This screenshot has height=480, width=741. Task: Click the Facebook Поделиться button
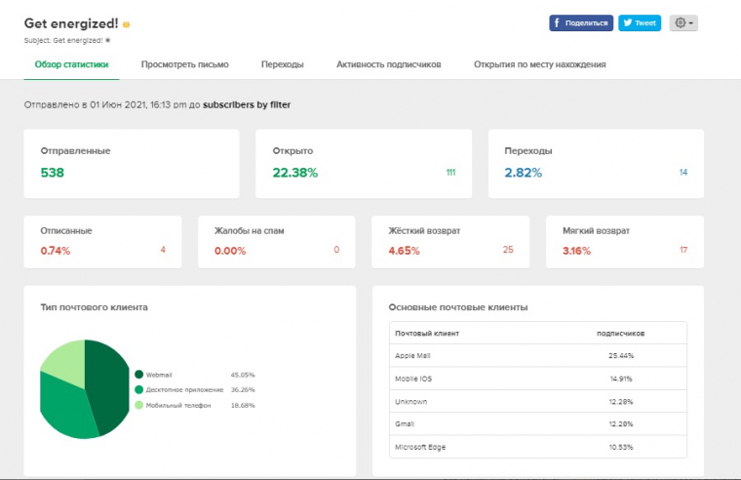581,23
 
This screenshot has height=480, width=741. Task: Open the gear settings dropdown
682,23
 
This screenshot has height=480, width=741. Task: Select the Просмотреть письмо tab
184,64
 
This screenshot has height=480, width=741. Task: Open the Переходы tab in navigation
282,64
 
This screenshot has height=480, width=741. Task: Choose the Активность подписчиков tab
388,64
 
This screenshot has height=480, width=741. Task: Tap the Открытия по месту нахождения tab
539,64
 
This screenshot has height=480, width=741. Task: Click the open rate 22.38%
294,173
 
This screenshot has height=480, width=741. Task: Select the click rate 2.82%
525,173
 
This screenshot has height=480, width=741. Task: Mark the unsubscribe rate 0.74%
56,251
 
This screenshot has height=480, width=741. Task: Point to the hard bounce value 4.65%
404,251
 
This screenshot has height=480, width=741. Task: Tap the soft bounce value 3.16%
578,251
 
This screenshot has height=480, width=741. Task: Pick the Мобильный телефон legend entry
175,404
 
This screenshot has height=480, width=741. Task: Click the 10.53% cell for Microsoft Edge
620,447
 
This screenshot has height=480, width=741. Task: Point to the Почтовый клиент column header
427,334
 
